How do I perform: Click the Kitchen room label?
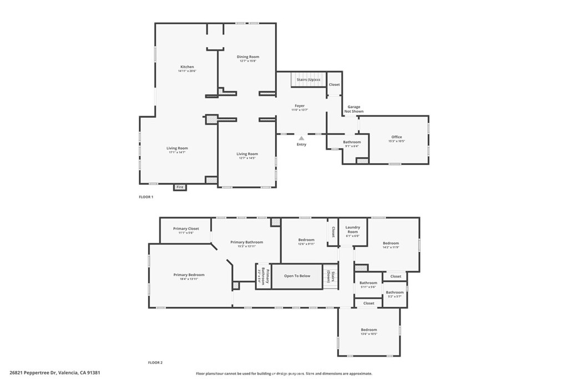187,67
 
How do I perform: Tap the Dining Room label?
248,57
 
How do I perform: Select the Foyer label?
300,105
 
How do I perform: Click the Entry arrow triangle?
301,138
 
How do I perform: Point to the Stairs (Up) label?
308,80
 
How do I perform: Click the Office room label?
397,137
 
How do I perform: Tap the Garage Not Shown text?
354,109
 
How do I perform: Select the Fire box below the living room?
180,188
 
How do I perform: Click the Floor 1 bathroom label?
352,142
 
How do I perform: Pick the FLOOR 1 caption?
146,197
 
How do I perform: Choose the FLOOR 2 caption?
155,362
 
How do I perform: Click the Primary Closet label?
186,229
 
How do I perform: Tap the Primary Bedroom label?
189,275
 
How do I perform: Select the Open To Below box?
297,276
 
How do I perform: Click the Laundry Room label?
353,229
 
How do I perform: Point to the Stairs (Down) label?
329,276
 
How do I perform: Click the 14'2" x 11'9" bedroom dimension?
390,247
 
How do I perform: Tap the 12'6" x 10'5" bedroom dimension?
369,334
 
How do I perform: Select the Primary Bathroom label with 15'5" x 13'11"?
247,242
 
